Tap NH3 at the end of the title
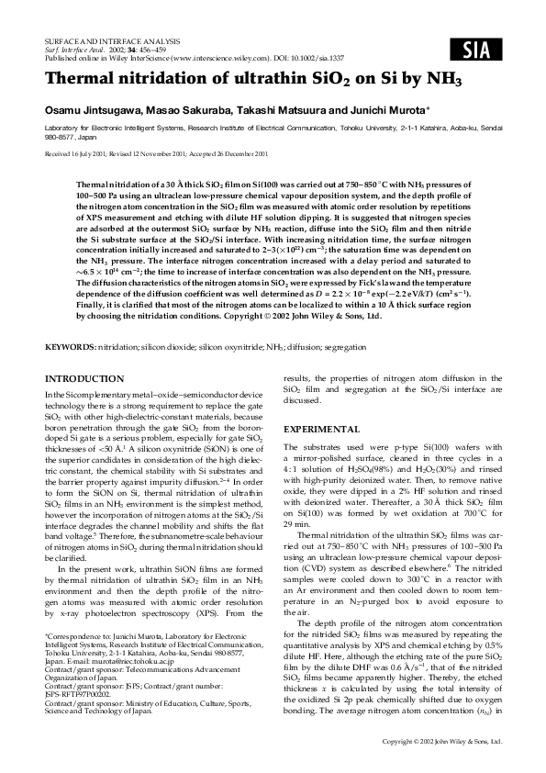(443, 80)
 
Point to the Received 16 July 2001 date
(79, 154)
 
